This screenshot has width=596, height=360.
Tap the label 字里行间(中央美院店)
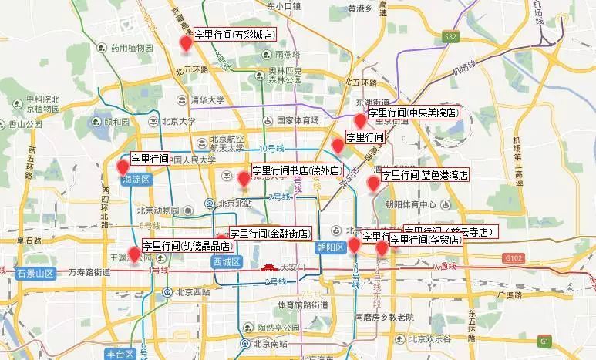[413, 113]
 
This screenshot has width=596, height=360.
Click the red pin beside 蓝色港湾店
[374, 183]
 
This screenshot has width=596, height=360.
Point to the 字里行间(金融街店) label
[269, 233]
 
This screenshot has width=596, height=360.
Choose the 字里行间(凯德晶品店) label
[187, 246]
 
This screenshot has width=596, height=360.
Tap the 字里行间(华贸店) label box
[426, 240]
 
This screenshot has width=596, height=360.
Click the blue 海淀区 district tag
[136, 180]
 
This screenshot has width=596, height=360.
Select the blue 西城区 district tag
[227, 262]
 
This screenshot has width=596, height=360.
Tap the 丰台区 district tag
[120, 354]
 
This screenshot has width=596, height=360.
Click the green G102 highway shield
[515, 257]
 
